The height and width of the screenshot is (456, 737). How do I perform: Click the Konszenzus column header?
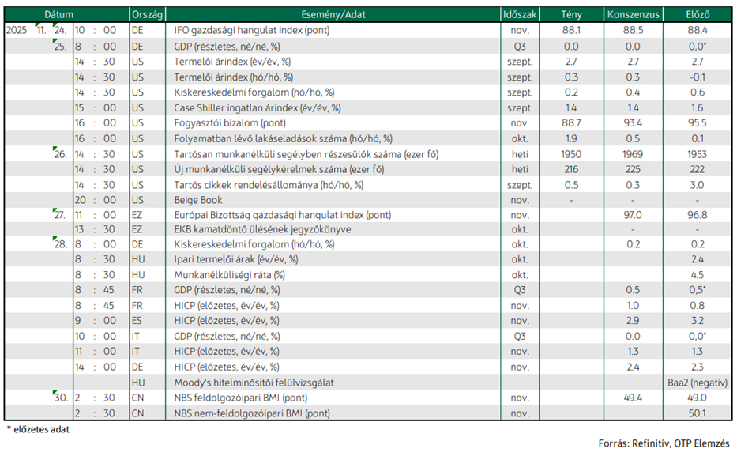point(633,14)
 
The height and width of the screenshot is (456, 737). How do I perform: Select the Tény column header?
point(571,14)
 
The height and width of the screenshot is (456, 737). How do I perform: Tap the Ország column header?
point(147,14)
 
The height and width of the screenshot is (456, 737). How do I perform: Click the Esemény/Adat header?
point(333,14)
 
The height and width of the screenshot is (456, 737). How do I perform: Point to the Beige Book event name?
point(198,200)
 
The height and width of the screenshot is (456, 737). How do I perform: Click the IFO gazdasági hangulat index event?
point(251,31)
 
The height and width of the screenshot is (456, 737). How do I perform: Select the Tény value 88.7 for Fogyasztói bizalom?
point(571,123)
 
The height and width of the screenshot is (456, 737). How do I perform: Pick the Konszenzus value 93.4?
point(633,123)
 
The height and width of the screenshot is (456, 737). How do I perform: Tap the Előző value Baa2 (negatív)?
point(697,383)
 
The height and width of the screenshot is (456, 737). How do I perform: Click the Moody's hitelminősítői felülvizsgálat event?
point(254,383)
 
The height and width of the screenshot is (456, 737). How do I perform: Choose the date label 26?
point(61,154)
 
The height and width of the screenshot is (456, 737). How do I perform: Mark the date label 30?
point(61,398)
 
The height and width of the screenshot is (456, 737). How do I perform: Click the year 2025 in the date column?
point(17,31)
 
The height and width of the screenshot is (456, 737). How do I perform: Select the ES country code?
point(137,321)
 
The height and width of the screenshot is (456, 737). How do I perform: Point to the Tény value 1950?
point(571,154)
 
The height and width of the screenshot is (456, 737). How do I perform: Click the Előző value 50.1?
point(697,413)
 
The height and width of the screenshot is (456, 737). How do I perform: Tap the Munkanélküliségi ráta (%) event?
point(229,275)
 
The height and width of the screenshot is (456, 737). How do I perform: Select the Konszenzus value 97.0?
point(633,215)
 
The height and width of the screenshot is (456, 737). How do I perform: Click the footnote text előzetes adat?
point(41,429)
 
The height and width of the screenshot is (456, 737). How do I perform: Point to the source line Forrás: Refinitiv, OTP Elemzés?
point(664,443)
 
